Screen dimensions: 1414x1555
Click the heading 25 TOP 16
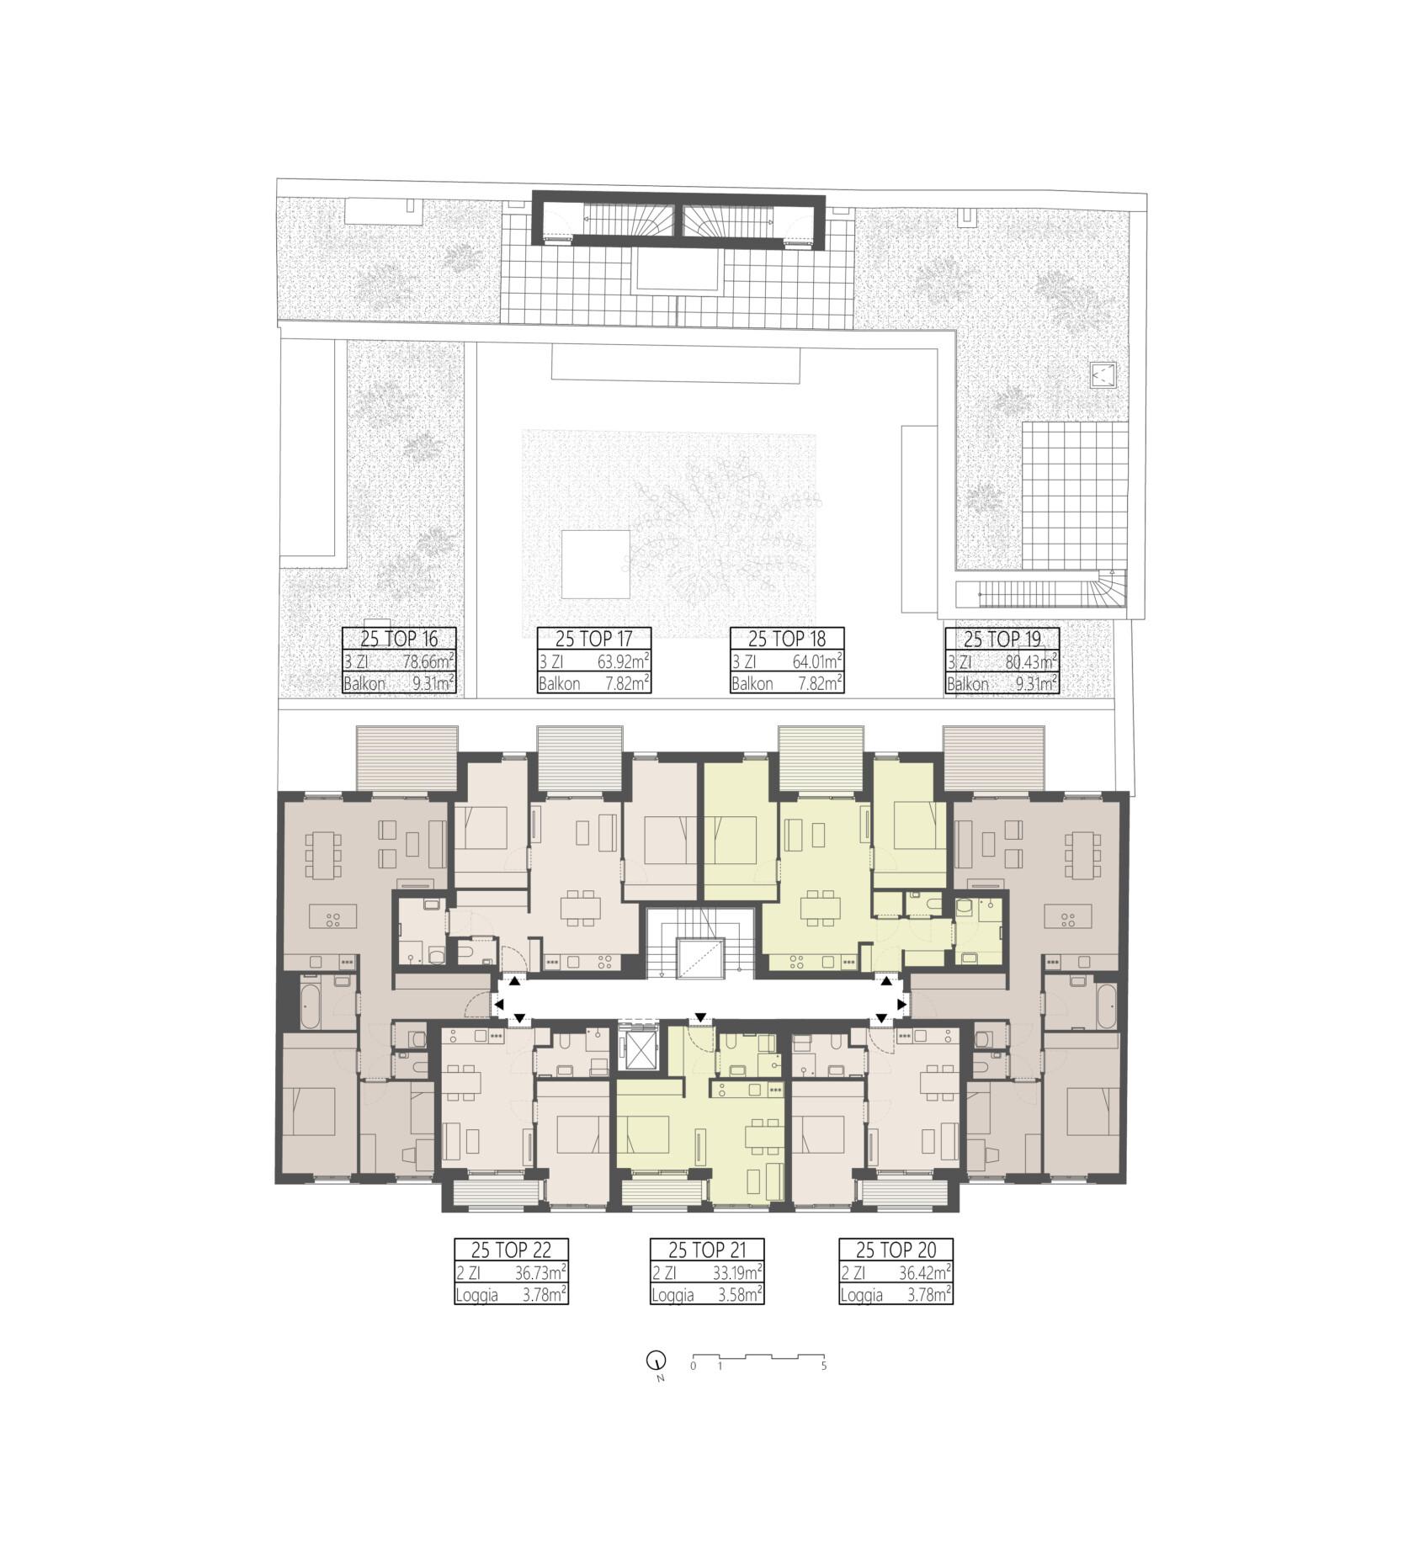pos(399,639)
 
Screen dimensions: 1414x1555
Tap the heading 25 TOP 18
pos(787,639)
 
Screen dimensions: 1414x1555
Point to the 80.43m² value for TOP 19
pos(1032,661)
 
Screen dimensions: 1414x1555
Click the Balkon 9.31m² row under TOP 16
pos(399,683)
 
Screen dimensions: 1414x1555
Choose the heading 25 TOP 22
pos(511,1249)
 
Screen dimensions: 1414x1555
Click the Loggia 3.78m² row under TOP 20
pos(896,1294)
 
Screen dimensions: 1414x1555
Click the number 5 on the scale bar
pos(824,1366)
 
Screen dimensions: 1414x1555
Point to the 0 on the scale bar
pos(693,1366)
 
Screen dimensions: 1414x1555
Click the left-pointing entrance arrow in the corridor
pos(498,1004)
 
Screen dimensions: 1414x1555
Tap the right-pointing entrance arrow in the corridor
pos(902,1004)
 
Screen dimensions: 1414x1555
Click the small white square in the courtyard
pos(596,564)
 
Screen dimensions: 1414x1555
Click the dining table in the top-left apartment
pos(324,854)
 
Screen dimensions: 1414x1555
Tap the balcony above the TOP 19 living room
pos(993,759)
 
